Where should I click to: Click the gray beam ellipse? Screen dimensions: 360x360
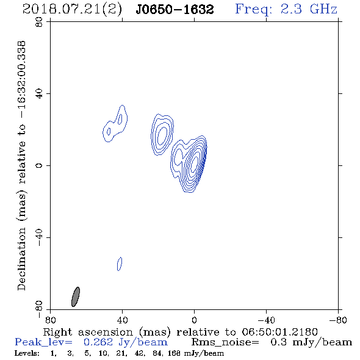[76, 297]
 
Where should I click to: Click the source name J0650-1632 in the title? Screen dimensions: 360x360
[175, 10]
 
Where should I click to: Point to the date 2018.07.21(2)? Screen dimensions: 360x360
[72, 10]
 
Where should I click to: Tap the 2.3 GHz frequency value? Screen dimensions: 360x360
[309, 9]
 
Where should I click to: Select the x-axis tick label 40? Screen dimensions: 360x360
[122, 320]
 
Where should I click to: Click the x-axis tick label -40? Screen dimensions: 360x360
[266, 320]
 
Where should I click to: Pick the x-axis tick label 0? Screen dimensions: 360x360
[194, 320]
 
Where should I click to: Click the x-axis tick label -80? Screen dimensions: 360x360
[338, 320]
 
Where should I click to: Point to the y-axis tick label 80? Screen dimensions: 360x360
[39, 22]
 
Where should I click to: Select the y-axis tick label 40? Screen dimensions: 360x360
[39, 94]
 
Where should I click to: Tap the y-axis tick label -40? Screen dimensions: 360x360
[39, 237]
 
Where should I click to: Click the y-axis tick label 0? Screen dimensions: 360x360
[39, 165]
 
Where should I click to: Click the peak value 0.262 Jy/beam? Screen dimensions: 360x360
[125, 342]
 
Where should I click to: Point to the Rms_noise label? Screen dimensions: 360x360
[225, 342]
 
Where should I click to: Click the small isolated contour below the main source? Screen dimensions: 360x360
[120, 264]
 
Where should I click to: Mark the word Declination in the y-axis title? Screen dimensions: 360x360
[21, 259]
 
